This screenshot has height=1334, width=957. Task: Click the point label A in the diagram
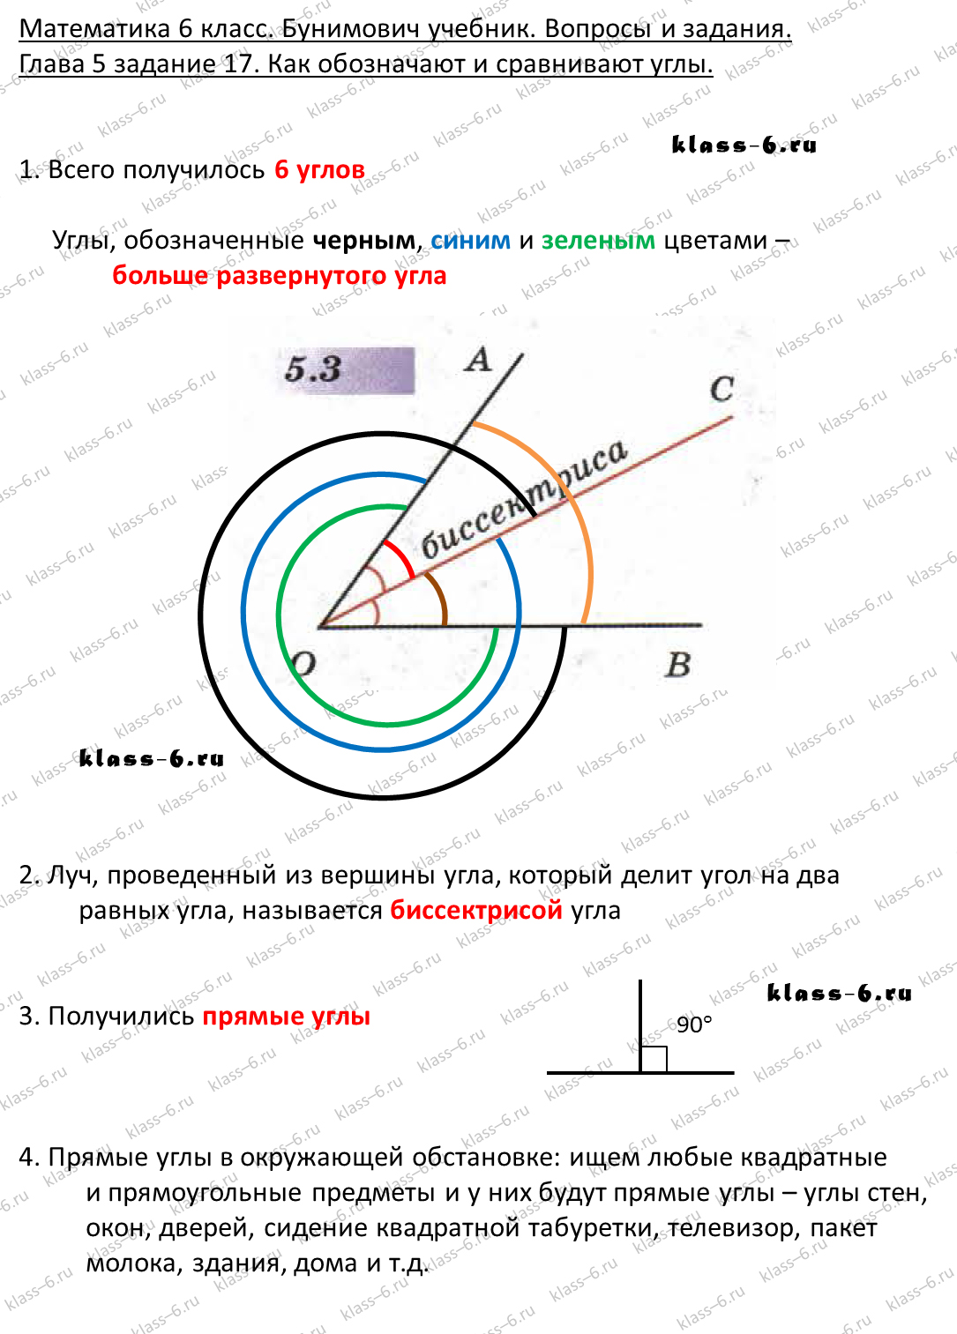pyautogui.click(x=478, y=360)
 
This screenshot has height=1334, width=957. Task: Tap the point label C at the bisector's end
pyautogui.click(x=721, y=390)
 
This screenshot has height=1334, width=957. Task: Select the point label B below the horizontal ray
pyautogui.click(x=678, y=665)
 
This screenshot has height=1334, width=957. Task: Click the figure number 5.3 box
pyautogui.click(x=346, y=369)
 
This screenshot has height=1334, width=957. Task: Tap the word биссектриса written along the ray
pyautogui.click(x=524, y=499)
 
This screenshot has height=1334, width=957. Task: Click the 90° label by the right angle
pyautogui.click(x=694, y=1025)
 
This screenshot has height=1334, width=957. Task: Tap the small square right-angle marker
pyautogui.click(x=654, y=1060)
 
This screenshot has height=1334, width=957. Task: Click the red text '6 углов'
pyautogui.click(x=319, y=170)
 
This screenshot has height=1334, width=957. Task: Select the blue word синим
pyautogui.click(x=470, y=241)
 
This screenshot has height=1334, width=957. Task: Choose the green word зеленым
pyautogui.click(x=598, y=241)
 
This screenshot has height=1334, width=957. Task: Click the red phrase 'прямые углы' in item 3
pyautogui.click(x=286, y=1017)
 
